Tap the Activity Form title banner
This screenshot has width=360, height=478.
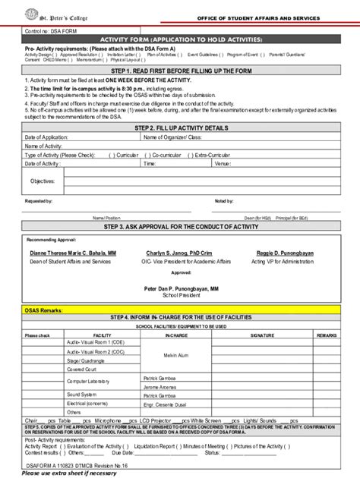coord(180,38)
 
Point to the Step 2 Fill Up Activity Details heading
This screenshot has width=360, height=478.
coord(180,129)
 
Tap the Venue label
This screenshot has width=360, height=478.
coord(223,163)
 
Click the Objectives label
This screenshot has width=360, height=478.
coord(43,181)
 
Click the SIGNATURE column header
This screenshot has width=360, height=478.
coord(263,334)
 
